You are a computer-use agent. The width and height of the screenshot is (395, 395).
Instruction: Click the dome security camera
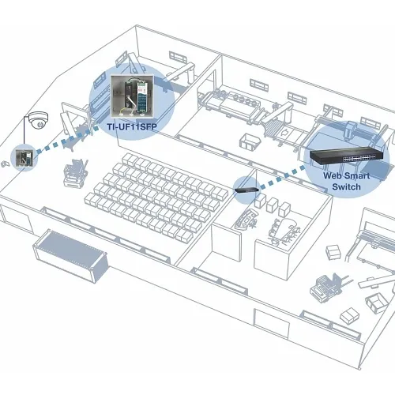click(x=37, y=122)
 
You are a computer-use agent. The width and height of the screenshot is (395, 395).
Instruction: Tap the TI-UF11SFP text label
click(x=132, y=125)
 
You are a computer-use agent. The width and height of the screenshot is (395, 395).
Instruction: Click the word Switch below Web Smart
click(x=347, y=187)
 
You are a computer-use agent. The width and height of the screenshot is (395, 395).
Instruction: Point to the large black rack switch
click(x=340, y=159)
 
